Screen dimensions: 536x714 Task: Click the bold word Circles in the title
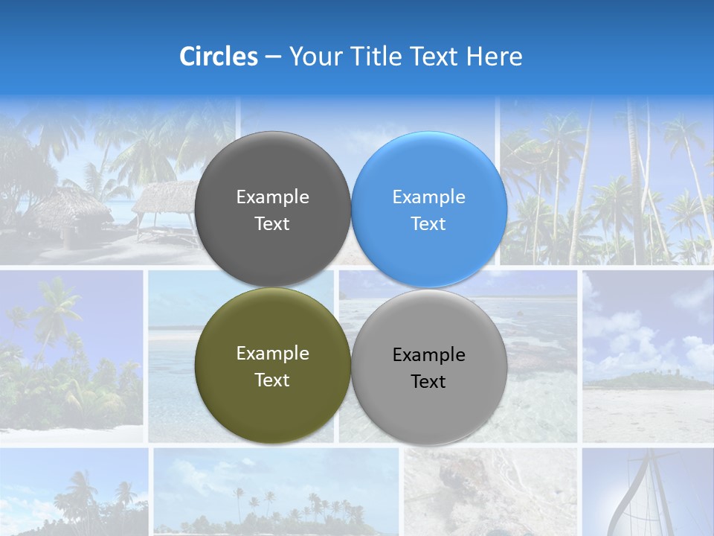coord(218,57)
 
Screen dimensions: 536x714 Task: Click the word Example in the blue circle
coord(428,197)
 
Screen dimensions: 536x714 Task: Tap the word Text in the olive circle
coord(272,380)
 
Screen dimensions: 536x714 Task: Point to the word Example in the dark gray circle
coord(272,197)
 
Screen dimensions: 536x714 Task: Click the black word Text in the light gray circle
coord(428,382)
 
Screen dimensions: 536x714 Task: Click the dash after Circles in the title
coord(273,57)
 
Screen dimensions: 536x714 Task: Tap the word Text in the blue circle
coord(428,224)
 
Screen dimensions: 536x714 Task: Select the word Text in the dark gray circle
coord(272,224)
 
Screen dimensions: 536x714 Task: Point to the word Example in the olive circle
coord(272,354)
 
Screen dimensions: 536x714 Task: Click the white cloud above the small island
coord(632,335)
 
